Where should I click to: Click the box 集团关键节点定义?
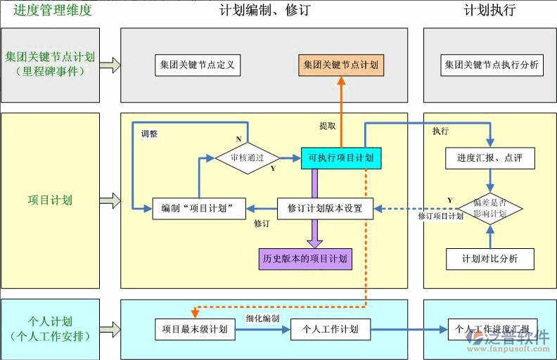[197, 65]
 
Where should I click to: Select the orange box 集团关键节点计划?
[341, 65]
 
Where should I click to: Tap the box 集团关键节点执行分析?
[492, 65]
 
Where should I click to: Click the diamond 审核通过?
[248, 158]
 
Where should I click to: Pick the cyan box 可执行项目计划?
[341, 158]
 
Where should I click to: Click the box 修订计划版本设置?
[325, 208]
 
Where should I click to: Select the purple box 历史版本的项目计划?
[305, 258]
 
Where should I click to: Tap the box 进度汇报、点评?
[490, 158]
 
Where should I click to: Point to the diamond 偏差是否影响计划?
[491, 208]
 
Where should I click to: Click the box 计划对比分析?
[490, 259]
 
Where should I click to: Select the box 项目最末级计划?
[195, 329]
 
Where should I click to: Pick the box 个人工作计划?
[331, 329]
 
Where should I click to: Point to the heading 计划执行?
[489, 11]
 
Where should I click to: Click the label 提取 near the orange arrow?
[328, 126]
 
